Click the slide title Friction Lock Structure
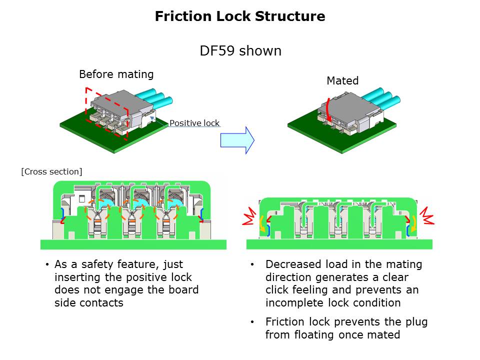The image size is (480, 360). (240, 16)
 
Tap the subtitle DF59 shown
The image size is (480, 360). (240, 51)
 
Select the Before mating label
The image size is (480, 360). (116, 74)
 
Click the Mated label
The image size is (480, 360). (342, 80)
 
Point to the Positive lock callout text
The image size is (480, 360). (194, 123)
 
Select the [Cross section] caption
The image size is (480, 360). (51, 171)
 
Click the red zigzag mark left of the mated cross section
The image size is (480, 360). (248, 218)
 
